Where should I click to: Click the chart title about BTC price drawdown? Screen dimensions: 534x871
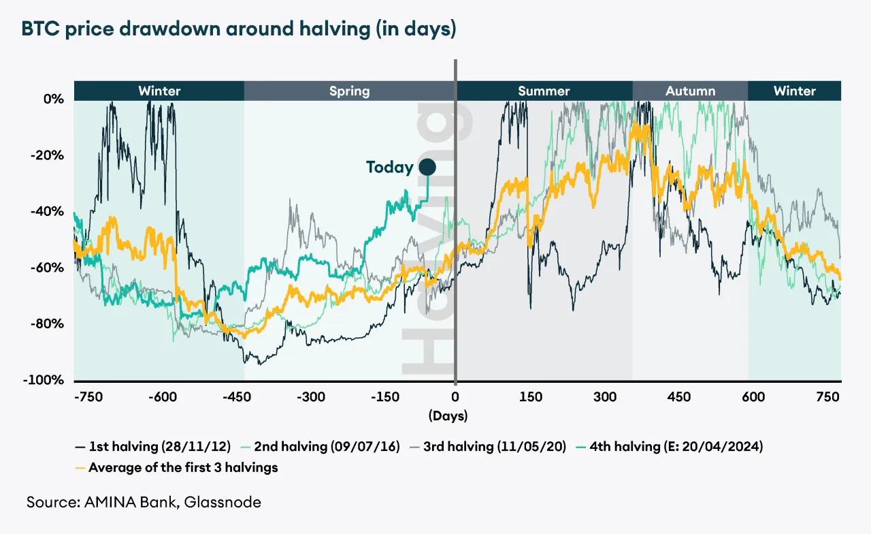[238, 30]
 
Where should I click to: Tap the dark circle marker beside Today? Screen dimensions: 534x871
[427, 167]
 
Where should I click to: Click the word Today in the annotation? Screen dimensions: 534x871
[389, 167]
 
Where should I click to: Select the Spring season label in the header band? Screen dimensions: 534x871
[349, 91]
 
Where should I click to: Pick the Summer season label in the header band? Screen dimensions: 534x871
[544, 91]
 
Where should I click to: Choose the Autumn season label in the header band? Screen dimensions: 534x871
[690, 91]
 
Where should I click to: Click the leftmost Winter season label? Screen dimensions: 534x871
[159, 91]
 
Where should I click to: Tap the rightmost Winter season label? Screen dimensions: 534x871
[794, 91]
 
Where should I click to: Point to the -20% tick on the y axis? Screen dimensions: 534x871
[49, 155]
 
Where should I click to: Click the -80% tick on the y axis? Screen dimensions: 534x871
[49, 324]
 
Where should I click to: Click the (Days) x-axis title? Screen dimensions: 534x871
[448, 415]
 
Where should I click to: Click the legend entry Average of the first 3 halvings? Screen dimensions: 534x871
[176, 467]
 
